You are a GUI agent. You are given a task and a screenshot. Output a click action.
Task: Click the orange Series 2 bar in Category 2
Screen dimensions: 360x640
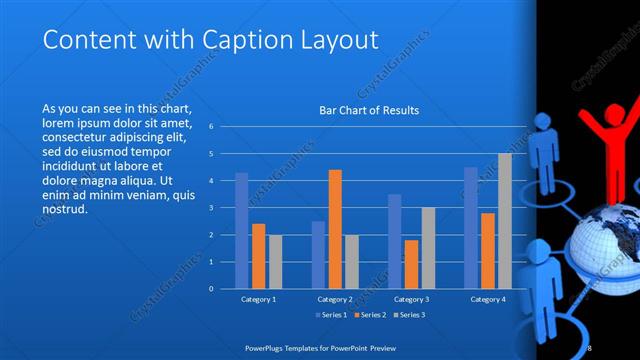point(335,229)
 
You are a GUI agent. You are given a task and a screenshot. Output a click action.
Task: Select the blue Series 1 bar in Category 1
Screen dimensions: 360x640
point(241,230)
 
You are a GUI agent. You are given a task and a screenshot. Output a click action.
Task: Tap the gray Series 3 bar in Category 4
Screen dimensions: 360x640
point(505,220)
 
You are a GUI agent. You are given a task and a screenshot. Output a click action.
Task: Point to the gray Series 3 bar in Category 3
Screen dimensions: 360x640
point(428,247)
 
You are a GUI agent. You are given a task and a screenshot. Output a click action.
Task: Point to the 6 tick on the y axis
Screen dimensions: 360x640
point(210,127)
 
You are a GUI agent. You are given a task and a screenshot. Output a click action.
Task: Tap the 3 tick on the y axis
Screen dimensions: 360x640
point(210,208)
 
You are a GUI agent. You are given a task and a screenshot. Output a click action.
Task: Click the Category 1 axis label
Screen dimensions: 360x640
point(258,299)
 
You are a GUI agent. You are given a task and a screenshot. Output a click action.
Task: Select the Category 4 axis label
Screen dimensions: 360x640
point(488,299)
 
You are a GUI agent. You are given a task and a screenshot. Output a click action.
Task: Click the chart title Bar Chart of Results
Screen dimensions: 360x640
point(369,110)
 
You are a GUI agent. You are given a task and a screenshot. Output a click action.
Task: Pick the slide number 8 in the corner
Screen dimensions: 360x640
point(590,347)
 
